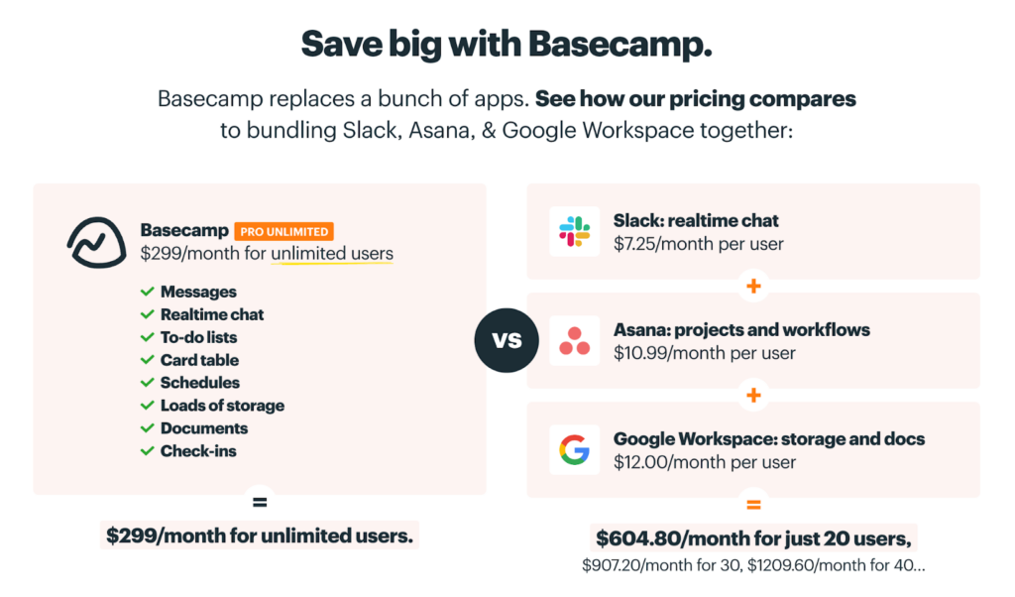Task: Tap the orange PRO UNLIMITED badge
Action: (x=284, y=231)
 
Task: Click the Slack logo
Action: (x=574, y=232)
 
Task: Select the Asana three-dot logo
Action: (x=574, y=341)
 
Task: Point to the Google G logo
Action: (x=574, y=450)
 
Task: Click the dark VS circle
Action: (x=507, y=340)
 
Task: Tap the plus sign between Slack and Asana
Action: (x=753, y=287)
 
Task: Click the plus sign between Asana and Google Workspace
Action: (x=753, y=395)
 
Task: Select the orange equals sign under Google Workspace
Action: (x=753, y=505)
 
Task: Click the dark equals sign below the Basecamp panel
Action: (x=260, y=502)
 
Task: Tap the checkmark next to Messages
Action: (x=147, y=292)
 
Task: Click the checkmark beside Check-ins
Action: (x=147, y=450)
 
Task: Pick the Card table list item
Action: (x=199, y=360)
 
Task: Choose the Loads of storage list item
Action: (x=222, y=406)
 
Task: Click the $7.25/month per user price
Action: (x=699, y=244)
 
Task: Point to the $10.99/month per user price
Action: (x=705, y=353)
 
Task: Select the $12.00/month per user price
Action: (x=705, y=462)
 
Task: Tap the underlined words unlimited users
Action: (x=332, y=253)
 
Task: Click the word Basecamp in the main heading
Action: (x=620, y=45)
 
